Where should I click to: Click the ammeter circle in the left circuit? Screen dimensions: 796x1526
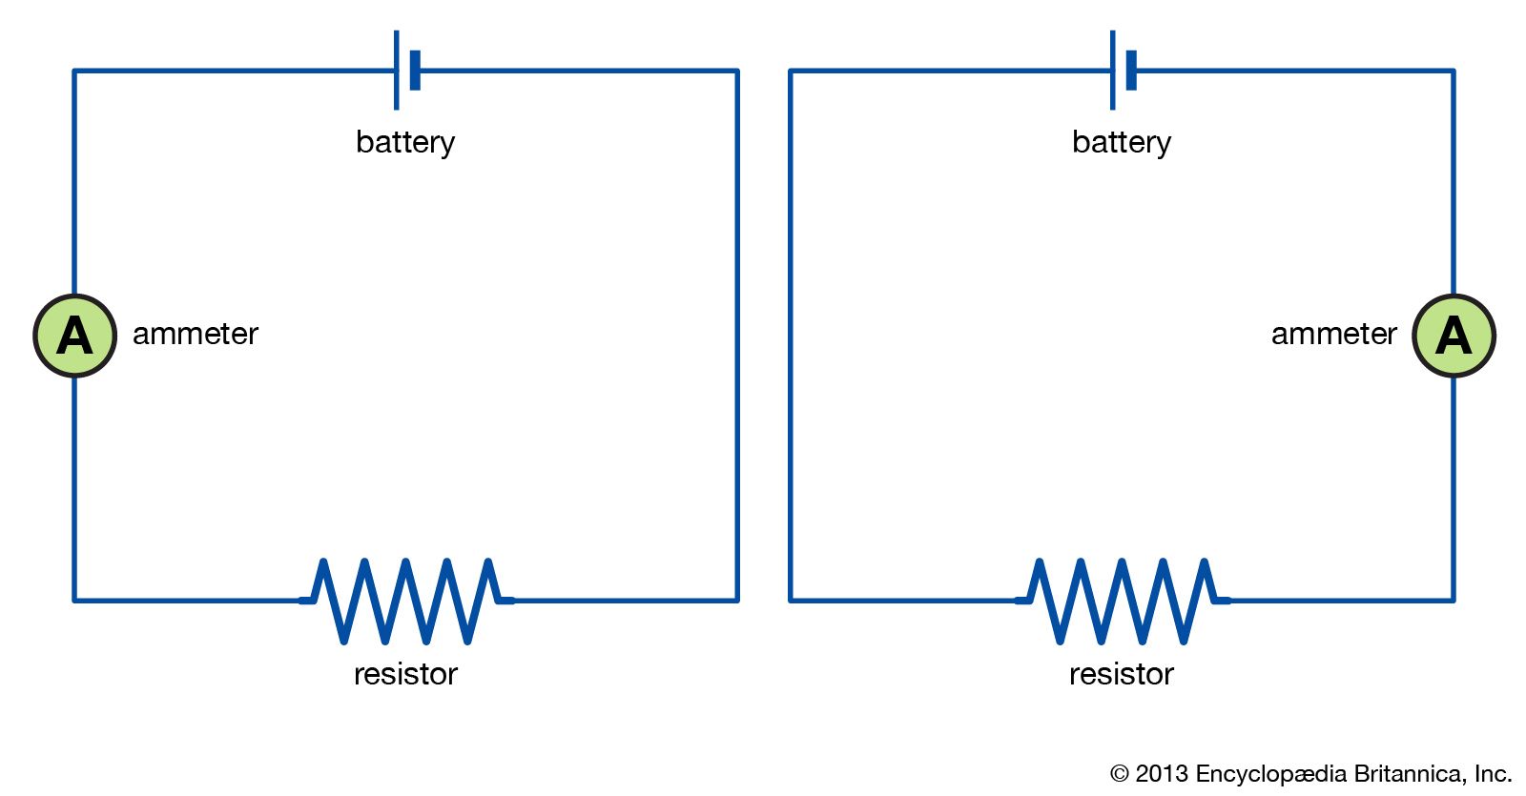pyautogui.click(x=74, y=336)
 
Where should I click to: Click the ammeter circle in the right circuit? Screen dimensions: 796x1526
pyautogui.click(x=1454, y=336)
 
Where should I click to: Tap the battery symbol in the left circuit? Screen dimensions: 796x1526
pyautogui.click(x=406, y=71)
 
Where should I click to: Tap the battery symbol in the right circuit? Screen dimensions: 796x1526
pyautogui.click(x=1123, y=71)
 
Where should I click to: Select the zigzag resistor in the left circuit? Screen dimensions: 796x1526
pyautogui.click(x=406, y=601)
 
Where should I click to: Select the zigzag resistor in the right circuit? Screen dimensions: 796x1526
pyautogui.click(x=1123, y=601)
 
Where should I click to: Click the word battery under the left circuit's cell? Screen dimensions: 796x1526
pyautogui.click(x=405, y=142)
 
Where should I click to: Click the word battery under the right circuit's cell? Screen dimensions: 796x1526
pyautogui.click(x=1122, y=142)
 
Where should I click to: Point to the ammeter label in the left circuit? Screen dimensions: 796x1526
pyautogui.click(x=196, y=334)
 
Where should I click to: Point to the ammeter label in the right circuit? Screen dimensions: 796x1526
pyautogui.click(x=1333, y=334)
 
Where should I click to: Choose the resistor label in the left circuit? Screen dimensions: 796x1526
pyautogui.click(x=405, y=674)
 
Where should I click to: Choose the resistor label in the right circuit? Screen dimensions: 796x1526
pyautogui.click(x=1122, y=674)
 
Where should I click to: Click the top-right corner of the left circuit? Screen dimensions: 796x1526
pyautogui.click(x=737, y=71)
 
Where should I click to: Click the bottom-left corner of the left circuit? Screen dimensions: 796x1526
pyautogui.click(x=74, y=601)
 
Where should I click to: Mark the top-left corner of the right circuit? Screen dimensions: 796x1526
pyautogui.click(x=791, y=71)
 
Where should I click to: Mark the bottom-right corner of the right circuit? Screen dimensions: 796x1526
pyautogui.click(x=1454, y=601)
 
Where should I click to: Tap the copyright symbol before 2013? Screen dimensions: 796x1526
pyautogui.click(x=1120, y=774)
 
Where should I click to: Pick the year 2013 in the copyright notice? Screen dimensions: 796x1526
pyautogui.click(x=1162, y=773)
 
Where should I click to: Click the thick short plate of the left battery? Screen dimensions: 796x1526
pyautogui.click(x=415, y=71)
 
